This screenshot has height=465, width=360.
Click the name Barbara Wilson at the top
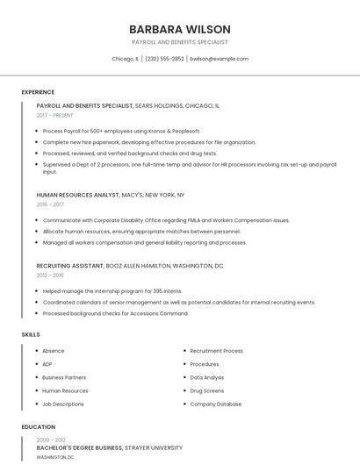(x=179, y=29)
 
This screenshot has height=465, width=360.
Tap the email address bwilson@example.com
(x=219, y=59)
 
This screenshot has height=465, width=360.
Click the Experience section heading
(x=38, y=92)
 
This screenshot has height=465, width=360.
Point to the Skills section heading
(x=30, y=334)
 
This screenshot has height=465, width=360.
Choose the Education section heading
(x=38, y=427)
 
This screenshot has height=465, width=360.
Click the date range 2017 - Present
(x=54, y=115)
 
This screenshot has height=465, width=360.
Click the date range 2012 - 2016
(x=50, y=275)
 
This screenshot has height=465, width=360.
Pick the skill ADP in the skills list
(x=47, y=364)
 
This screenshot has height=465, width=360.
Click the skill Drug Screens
(x=207, y=390)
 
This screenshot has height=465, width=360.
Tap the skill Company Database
(x=216, y=404)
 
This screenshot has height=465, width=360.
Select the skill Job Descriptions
(x=63, y=404)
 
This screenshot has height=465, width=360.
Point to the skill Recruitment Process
(x=217, y=351)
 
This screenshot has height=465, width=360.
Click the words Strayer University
(x=155, y=447)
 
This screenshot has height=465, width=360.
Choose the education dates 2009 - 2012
(x=51, y=440)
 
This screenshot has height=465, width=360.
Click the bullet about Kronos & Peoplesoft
(x=121, y=131)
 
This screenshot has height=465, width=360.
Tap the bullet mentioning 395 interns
(x=112, y=290)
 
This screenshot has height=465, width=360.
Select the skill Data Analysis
(x=207, y=377)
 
